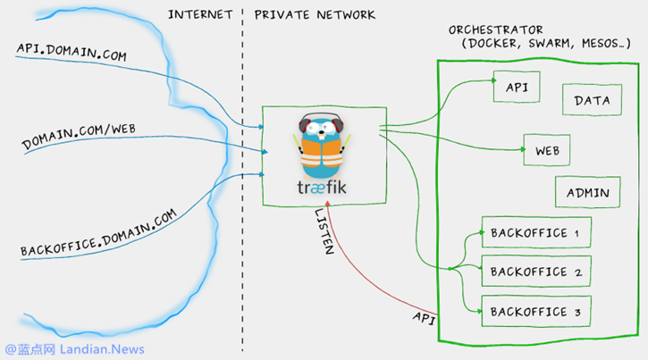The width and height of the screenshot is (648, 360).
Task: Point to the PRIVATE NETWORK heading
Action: (315, 15)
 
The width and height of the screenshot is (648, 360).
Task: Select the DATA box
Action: (592, 101)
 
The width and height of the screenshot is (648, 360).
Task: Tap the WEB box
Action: (547, 151)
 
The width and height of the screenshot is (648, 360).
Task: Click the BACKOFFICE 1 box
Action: (536, 233)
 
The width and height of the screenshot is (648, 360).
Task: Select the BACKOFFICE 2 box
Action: (536, 272)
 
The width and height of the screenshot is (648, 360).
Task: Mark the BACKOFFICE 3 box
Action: (536, 311)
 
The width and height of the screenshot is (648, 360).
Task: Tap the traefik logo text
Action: (323, 188)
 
